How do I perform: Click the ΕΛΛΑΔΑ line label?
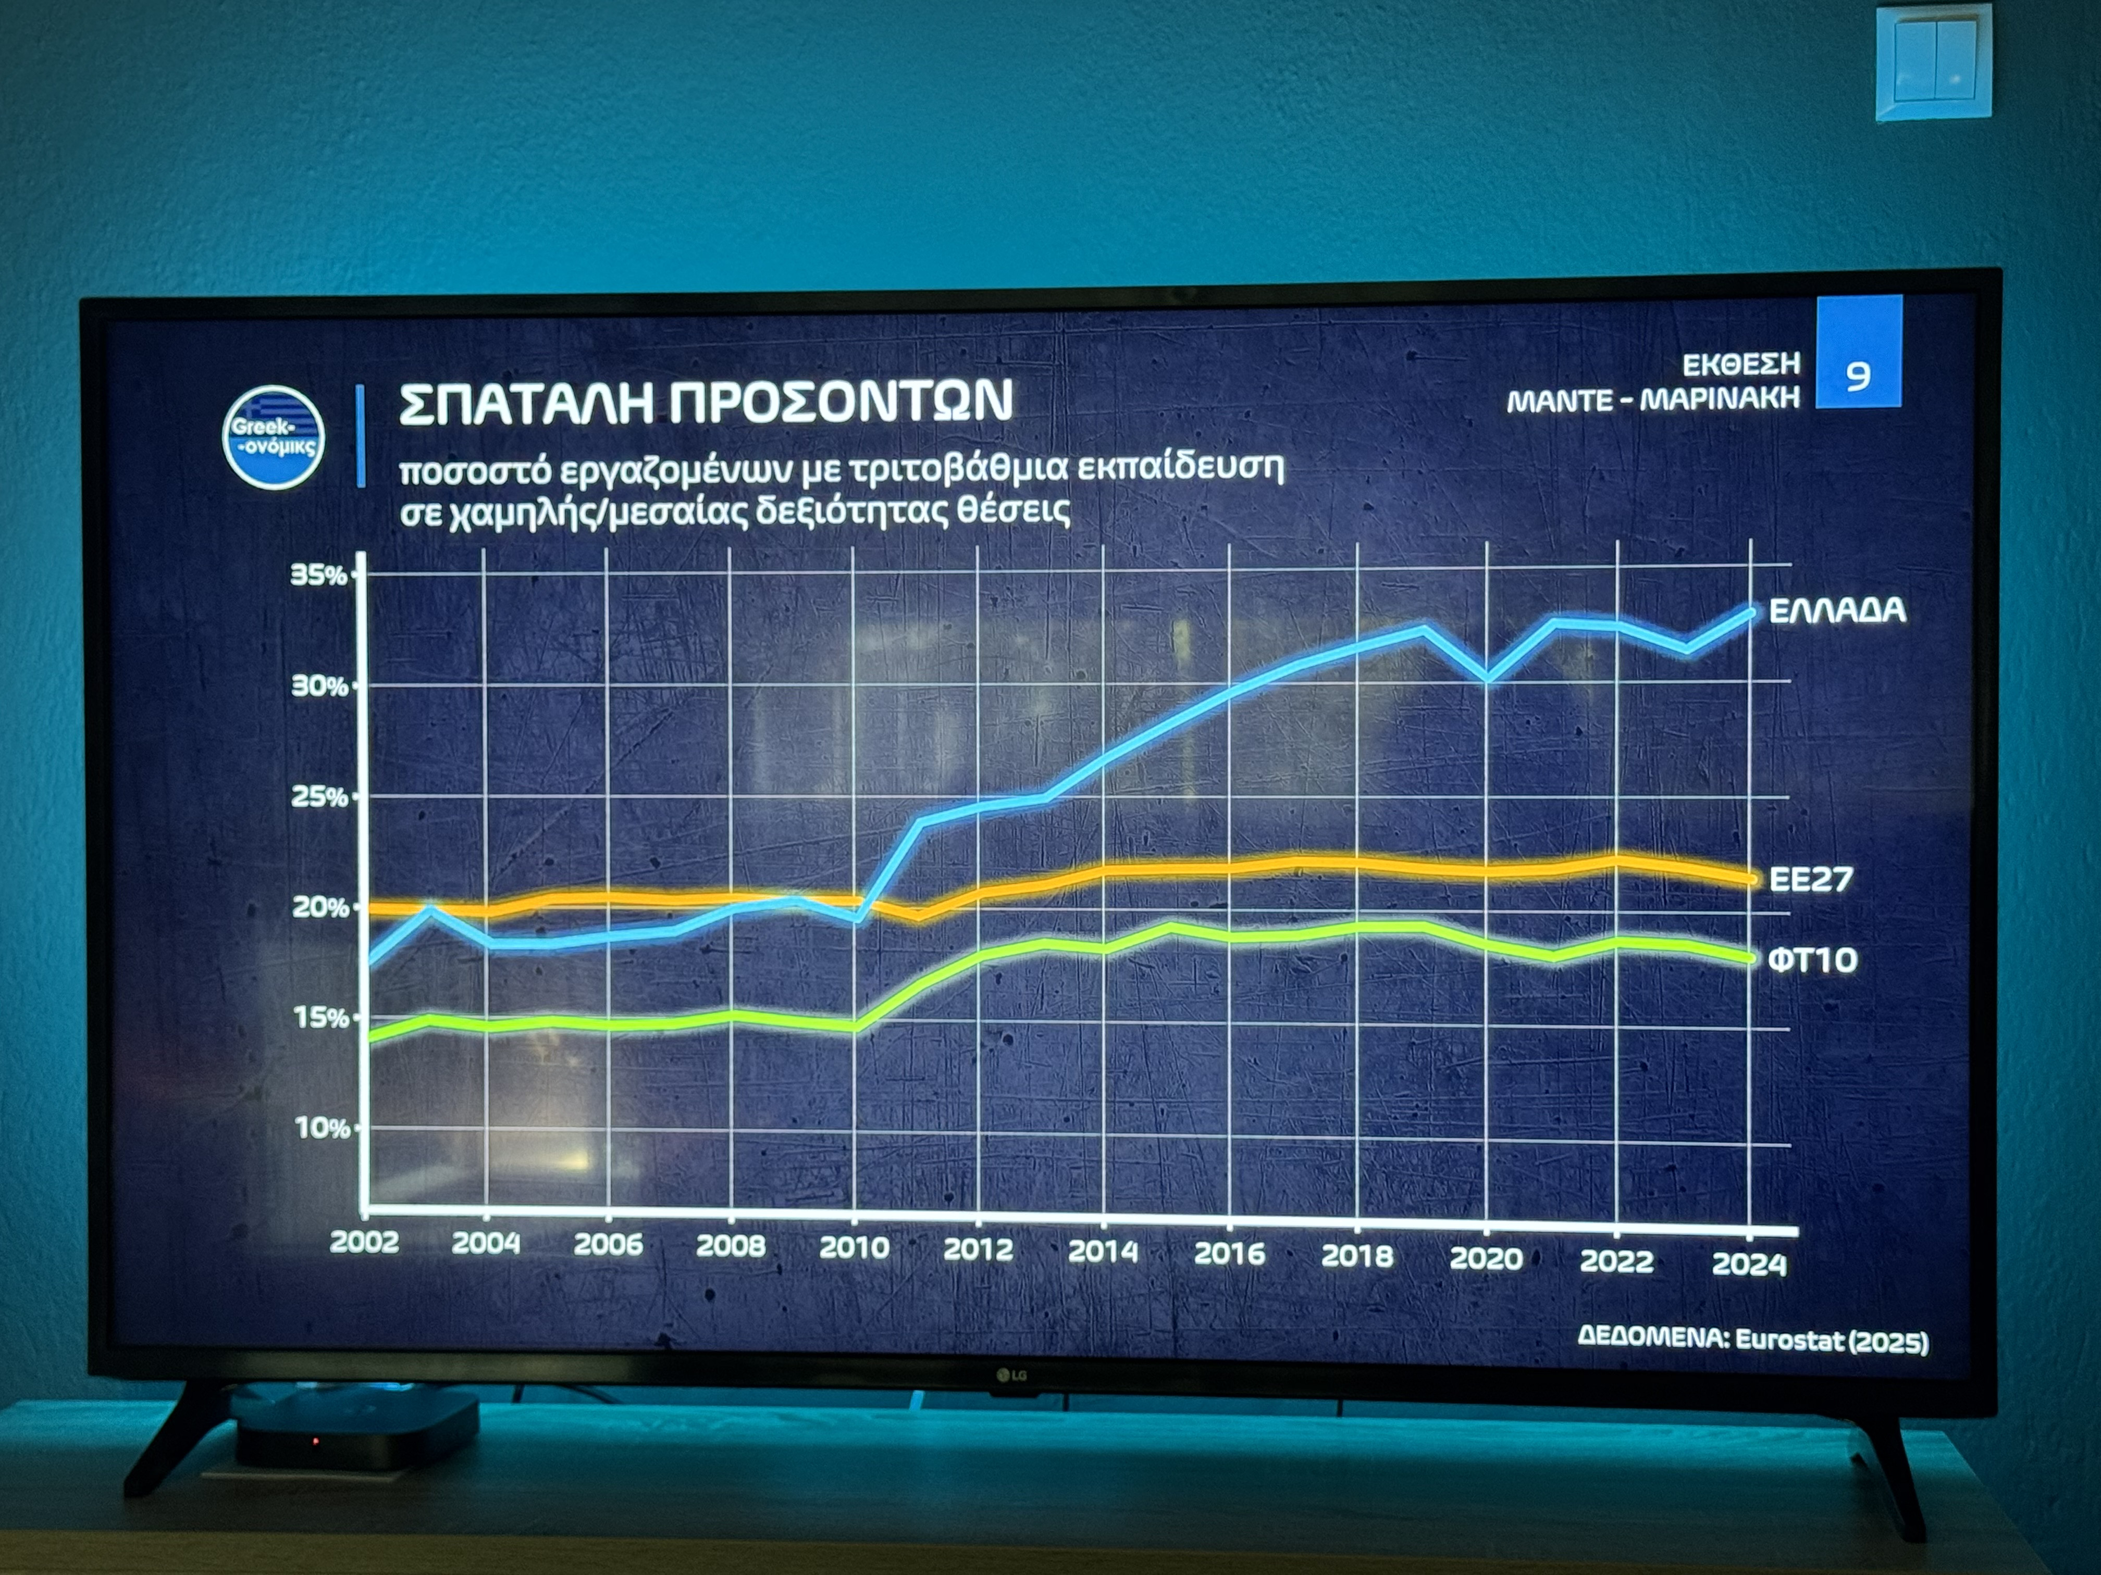point(1837,610)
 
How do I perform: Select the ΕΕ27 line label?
point(1810,879)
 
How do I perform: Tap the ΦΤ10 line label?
point(1812,960)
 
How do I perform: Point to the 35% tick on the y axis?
point(318,574)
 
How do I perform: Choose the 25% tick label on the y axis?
point(319,796)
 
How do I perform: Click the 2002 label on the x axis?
point(364,1242)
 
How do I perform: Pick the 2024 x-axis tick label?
point(1749,1264)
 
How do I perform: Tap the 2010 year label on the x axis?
point(854,1247)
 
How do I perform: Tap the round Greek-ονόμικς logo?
point(274,436)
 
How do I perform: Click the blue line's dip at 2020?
point(1487,678)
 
